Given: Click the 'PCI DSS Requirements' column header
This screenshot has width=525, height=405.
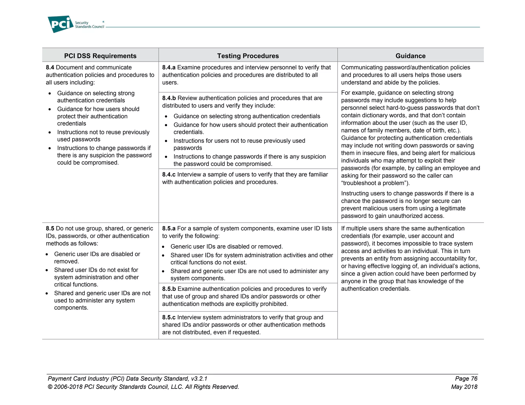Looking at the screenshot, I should pyautogui.click(x=100, y=56).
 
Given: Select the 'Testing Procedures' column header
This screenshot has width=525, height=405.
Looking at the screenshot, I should pyautogui.click(x=248, y=56).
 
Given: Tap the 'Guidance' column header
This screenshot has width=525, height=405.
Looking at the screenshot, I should pyautogui.click(x=410, y=56).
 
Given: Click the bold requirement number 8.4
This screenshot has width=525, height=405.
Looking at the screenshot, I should pyautogui.click(x=50, y=67).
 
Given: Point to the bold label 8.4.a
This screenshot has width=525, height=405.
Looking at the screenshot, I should pyautogui.click(x=169, y=67).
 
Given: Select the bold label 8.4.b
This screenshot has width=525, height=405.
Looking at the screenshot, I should pyautogui.click(x=169, y=98).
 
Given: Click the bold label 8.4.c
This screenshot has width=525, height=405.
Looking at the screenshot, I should pyautogui.click(x=169, y=175).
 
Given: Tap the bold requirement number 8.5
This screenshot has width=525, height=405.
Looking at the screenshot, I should pyautogui.click(x=50, y=228).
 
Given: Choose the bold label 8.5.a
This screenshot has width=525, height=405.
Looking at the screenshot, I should pyautogui.click(x=169, y=228).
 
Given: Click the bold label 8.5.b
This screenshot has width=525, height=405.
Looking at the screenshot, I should pyautogui.click(x=169, y=289).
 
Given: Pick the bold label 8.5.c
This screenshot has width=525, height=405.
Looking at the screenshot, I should pyautogui.click(x=169, y=317).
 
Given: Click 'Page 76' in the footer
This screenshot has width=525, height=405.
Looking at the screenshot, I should pyautogui.click(x=466, y=379).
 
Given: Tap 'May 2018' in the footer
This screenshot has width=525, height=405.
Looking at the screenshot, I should pyautogui.click(x=464, y=387).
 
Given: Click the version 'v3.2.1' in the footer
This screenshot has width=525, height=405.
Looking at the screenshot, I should pyautogui.click(x=199, y=379).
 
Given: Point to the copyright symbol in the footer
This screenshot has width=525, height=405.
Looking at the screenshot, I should pyautogui.click(x=50, y=387).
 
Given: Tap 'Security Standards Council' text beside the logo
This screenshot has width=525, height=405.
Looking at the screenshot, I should pyautogui.click(x=89, y=25).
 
